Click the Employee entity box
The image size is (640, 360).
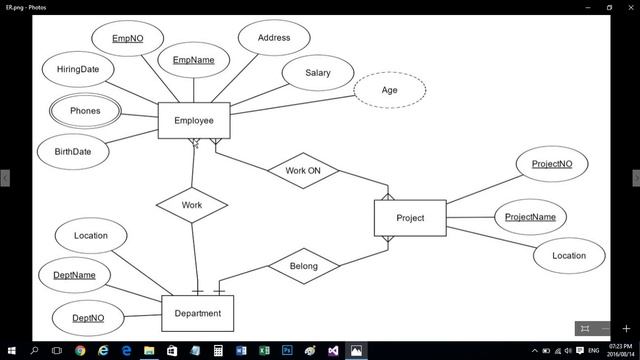(x=194, y=121)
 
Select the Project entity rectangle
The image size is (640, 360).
(x=410, y=218)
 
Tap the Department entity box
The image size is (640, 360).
(x=197, y=313)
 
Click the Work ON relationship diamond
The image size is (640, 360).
(x=303, y=171)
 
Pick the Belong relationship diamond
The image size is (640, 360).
(x=303, y=266)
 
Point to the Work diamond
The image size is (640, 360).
(x=192, y=205)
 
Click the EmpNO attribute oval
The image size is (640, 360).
(x=127, y=39)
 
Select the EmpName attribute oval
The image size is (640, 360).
(x=194, y=61)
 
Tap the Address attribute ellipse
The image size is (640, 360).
(x=274, y=39)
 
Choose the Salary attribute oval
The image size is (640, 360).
(x=318, y=73)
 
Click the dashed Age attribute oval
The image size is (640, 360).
(x=390, y=91)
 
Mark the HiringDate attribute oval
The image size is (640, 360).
(x=78, y=70)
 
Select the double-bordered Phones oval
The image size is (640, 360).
(x=85, y=111)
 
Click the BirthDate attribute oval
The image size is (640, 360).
(x=66, y=152)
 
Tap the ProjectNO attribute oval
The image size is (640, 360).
(x=552, y=164)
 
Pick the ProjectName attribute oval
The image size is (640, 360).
(x=530, y=217)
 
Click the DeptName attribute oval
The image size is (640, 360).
(x=75, y=275)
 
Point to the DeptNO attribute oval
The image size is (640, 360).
(x=88, y=319)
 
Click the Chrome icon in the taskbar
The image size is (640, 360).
(x=80, y=351)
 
